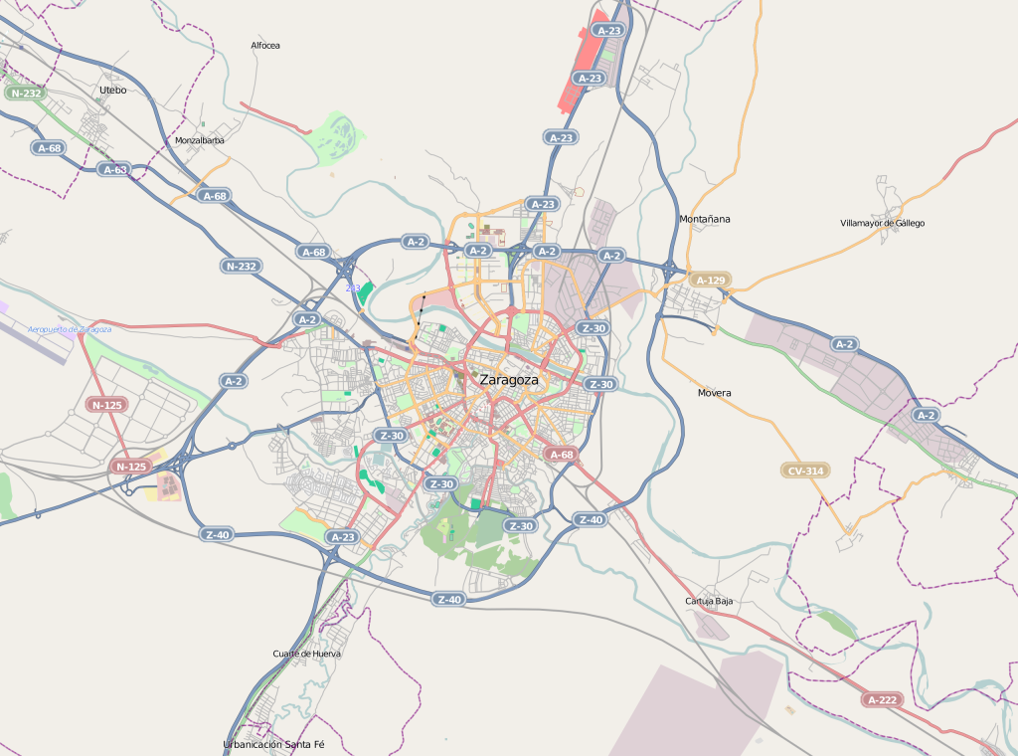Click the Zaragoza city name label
(x=508, y=380)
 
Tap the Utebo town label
(x=112, y=90)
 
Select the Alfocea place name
(x=265, y=46)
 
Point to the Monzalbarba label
(x=199, y=140)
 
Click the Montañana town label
(x=704, y=219)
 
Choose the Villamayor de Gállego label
(x=882, y=223)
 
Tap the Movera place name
(x=714, y=393)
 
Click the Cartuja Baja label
(x=709, y=602)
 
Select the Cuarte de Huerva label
(x=306, y=654)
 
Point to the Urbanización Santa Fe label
(x=273, y=744)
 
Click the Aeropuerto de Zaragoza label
(x=69, y=328)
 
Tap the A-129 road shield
(x=711, y=281)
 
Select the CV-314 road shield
(x=805, y=471)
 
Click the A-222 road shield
(x=883, y=700)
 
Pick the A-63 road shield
(x=115, y=169)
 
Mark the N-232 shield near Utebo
(x=25, y=94)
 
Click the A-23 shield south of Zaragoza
(x=342, y=537)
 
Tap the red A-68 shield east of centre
(x=561, y=455)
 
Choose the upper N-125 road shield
(x=106, y=405)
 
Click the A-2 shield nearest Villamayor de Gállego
(x=844, y=344)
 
